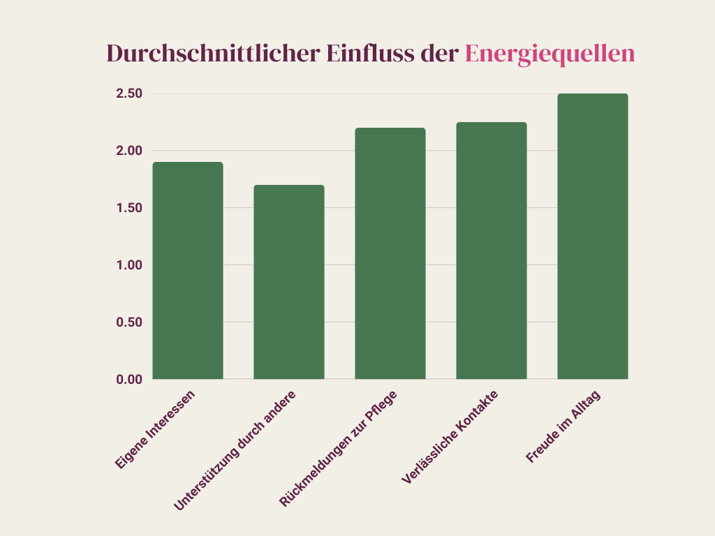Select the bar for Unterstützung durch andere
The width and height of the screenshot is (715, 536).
(289, 282)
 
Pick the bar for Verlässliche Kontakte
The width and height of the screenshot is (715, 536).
(492, 251)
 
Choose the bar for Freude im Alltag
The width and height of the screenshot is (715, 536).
(593, 237)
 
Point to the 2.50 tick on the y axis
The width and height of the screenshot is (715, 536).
(129, 94)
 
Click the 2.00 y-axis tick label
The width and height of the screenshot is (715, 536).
(129, 151)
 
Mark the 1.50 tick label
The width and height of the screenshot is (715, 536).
(129, 208)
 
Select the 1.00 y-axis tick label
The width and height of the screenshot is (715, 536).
(129, 265)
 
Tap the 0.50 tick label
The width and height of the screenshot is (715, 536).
(129, 322)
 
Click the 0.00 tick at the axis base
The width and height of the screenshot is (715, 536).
(129, 379)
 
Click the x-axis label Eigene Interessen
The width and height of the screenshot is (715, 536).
(156, 429)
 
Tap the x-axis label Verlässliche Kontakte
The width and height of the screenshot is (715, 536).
(450, 436)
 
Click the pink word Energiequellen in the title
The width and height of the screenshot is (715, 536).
(550, 54)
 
